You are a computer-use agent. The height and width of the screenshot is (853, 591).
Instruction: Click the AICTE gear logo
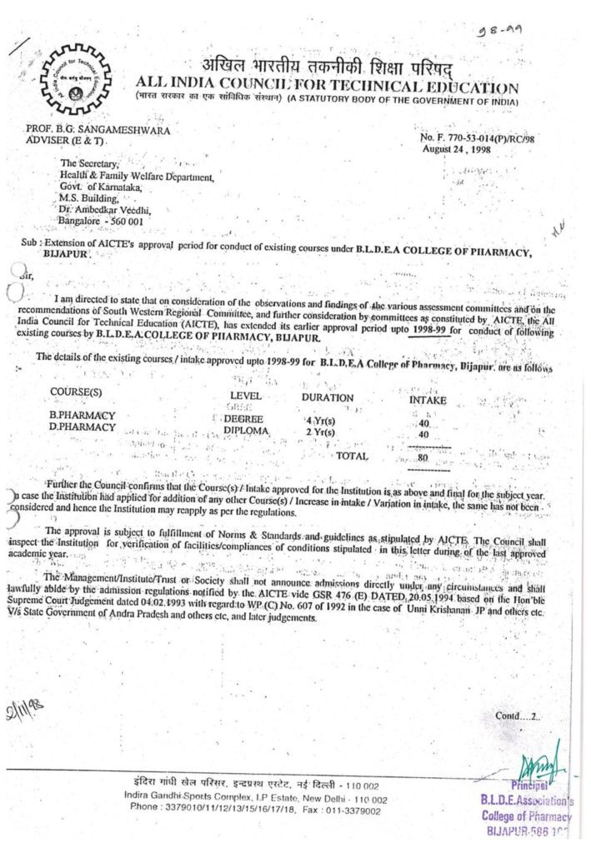click(74, 78)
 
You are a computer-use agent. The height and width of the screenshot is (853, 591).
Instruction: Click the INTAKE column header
click(428, 400)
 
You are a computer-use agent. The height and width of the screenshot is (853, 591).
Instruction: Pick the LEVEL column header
click(246, 396)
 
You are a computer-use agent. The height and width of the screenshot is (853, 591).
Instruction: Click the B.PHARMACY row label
click(83, 415)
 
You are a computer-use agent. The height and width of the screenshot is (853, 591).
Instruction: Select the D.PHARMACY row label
click(83, 426)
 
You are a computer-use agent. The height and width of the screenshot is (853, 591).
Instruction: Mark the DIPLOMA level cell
click(247, 431)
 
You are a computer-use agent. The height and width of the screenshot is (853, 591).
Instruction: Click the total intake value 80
click(423, 457)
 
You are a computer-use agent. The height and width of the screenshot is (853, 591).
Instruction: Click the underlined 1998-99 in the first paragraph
click(428, 332)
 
